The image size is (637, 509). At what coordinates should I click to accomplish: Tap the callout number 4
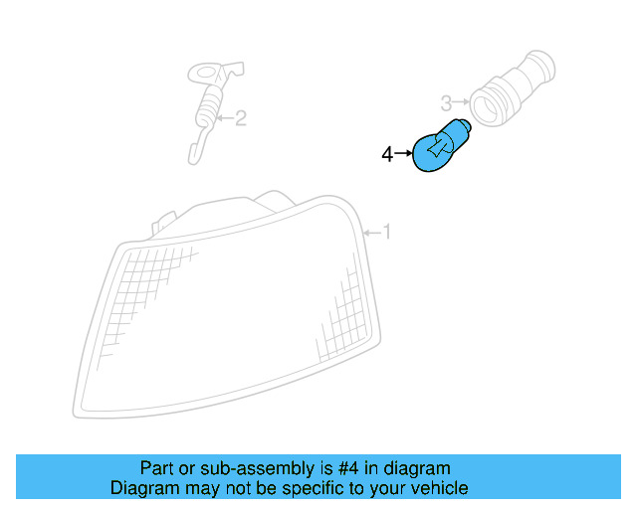[x=387, y=154]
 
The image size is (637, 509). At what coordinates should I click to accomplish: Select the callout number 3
[x=447, y=101]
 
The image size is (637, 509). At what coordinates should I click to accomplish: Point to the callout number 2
[x=240, y=119]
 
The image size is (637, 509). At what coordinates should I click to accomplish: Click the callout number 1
[x=387, y=233]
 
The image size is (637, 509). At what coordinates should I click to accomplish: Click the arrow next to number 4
[x=403, y=154]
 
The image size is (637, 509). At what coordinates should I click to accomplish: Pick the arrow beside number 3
[x=461, y=101]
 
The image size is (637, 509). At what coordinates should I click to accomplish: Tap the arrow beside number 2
[x=224, y=119]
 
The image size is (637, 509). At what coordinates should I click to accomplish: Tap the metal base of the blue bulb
[x=461, y=129]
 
